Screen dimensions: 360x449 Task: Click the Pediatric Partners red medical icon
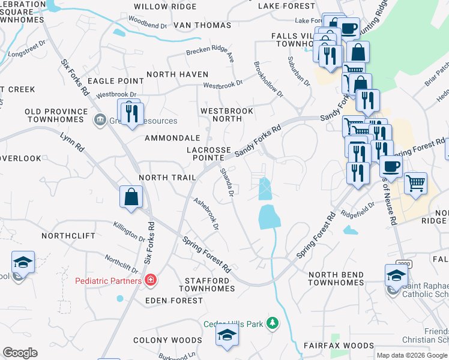(150, 280)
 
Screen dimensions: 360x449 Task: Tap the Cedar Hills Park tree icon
(273, 324)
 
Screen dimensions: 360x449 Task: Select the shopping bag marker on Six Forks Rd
(131, 197)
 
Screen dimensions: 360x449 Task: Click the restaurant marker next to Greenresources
(130, 112)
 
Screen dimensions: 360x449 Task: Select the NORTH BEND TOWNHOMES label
(336, 278)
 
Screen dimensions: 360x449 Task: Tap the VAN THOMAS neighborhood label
(202, 25)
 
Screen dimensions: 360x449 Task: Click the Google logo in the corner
(20, 352)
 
